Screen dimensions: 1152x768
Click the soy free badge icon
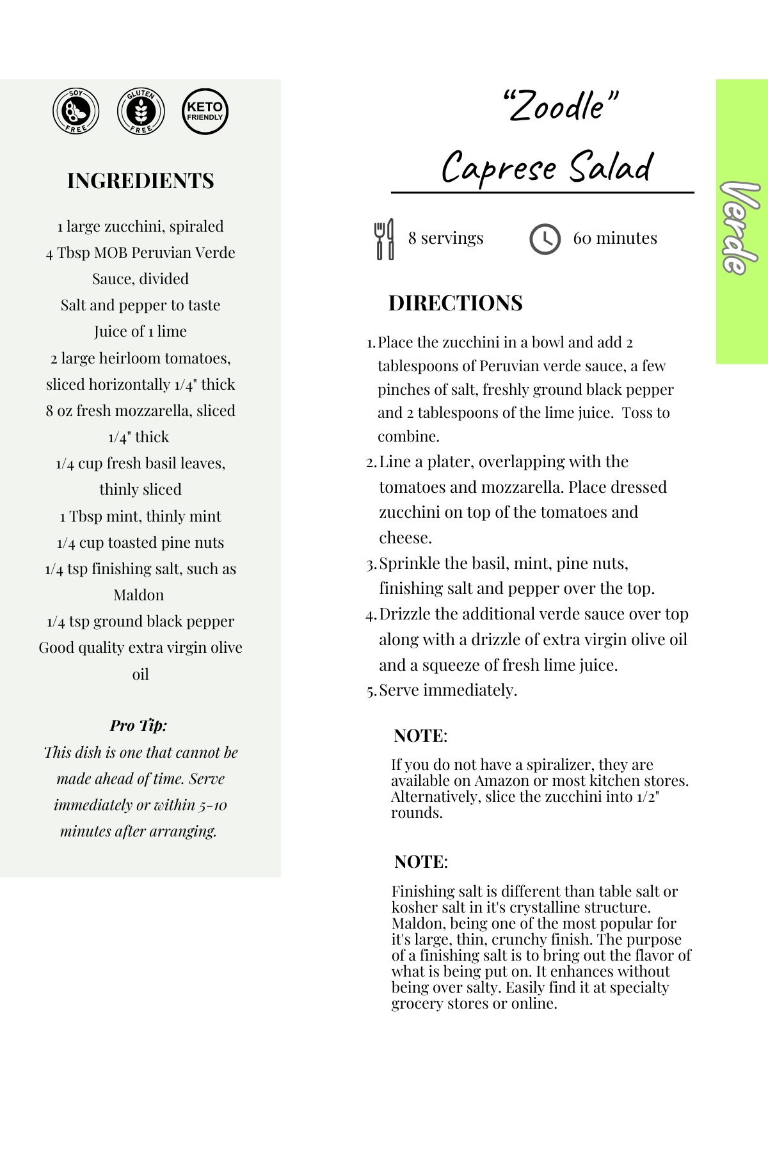click(76, 111)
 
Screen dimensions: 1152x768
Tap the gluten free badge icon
click(141, 111)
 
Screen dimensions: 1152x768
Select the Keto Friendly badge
click(205, 111)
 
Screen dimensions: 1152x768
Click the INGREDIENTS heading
click(140, 181)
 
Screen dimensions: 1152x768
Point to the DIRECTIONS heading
click(455, 303)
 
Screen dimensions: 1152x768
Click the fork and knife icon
click(384, 239)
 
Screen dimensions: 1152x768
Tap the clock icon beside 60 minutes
click(545, 239)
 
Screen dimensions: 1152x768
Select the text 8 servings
click(445, 238)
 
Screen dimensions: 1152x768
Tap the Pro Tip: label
click(138, 725)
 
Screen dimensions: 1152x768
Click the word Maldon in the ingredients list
click(139, 595)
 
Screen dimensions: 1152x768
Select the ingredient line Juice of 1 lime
click(140, 332)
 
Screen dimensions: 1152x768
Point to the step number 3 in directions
click(371, 564)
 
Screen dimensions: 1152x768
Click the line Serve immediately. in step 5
click(448, 690)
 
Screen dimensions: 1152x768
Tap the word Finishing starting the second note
click(422, 892)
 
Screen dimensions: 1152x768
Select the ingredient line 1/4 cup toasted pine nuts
click(140, 543)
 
